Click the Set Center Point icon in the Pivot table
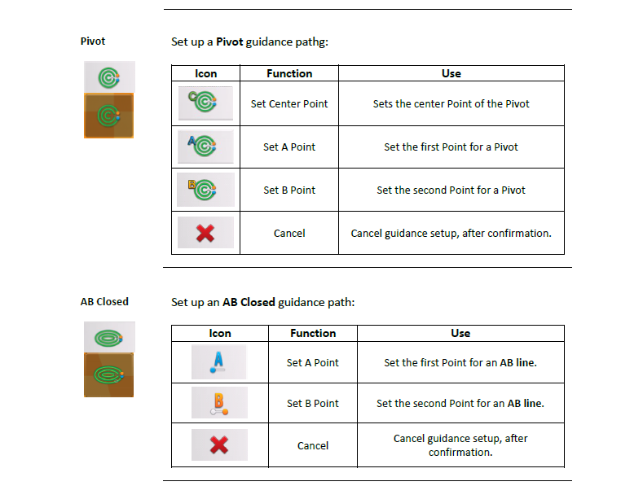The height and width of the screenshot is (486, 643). [x=205, y=103]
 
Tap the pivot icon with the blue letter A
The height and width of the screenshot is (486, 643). [x=205, y=147]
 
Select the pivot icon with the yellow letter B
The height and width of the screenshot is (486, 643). [x=205, y=190]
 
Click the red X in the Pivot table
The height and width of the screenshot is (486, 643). [x=205, y=233]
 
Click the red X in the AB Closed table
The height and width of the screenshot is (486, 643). [x=219, y=444]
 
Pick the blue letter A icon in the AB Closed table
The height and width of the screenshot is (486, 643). [x=219, y=361]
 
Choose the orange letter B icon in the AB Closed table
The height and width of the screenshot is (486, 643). [x=219, y=402]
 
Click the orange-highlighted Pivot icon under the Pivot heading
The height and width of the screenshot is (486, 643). [x=108, y=116]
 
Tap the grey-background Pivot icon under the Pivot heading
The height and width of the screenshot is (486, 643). [x=109, y=77]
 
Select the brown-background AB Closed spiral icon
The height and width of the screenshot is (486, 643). [x=108, y=374]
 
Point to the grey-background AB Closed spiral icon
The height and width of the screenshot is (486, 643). [x=109, y=337]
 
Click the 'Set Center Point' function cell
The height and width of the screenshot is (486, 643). [x=289, y=103]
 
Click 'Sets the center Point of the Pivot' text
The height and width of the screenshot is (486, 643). [x=451, y=103]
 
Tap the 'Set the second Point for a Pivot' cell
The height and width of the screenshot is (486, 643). [x=451, y=190]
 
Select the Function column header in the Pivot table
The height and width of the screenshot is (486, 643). [x=289, y=73]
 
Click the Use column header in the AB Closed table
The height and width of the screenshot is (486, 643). [x=460, y=333]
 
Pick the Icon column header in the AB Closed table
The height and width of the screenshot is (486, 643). [x=220, y=333]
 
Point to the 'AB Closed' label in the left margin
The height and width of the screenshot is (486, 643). [x=104, y=301]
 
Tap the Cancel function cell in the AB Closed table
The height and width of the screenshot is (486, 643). [x=313, y=445]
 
